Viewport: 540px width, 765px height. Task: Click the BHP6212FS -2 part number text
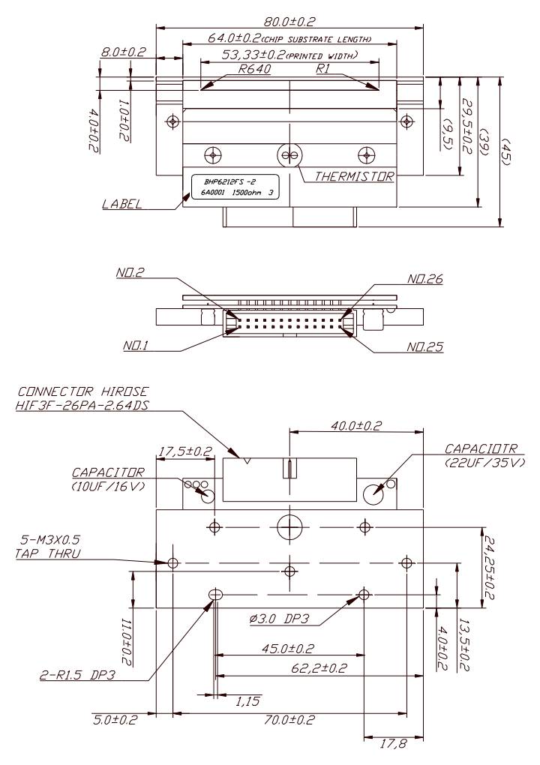(x=228, y=181)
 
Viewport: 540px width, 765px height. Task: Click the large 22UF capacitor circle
(x=375, y=492)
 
